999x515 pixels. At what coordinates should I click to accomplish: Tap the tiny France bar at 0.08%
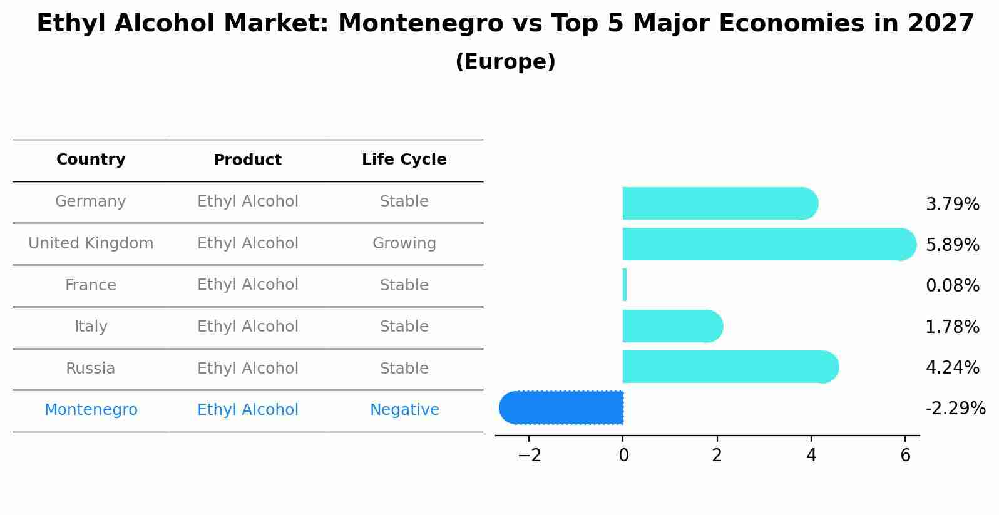[x=625, y=285]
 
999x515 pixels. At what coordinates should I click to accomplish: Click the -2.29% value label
[x=955, y=409]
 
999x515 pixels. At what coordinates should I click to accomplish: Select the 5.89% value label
[x=952, y=245]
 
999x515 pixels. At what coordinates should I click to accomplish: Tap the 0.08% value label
[x=952, y=286]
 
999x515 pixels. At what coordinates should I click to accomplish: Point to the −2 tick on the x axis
[x=530, y=456]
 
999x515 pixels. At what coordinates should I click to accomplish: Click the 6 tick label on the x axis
[x=905, y=456]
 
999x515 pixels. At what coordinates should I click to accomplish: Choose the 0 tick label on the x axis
[x=623, y=456]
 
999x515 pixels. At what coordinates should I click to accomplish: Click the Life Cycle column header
[x=404, y=160]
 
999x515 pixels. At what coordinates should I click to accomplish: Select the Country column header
[x=91, y=160]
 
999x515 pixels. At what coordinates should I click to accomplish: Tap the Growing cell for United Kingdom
[x=404, y=243]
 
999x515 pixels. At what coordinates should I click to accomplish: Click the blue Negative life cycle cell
[x=404, y=410]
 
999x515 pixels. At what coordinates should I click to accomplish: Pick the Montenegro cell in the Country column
[x=91, y=410]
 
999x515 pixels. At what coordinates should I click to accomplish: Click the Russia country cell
[x=91, y=369]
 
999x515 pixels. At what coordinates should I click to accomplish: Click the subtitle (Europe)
[x=505, y=62]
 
